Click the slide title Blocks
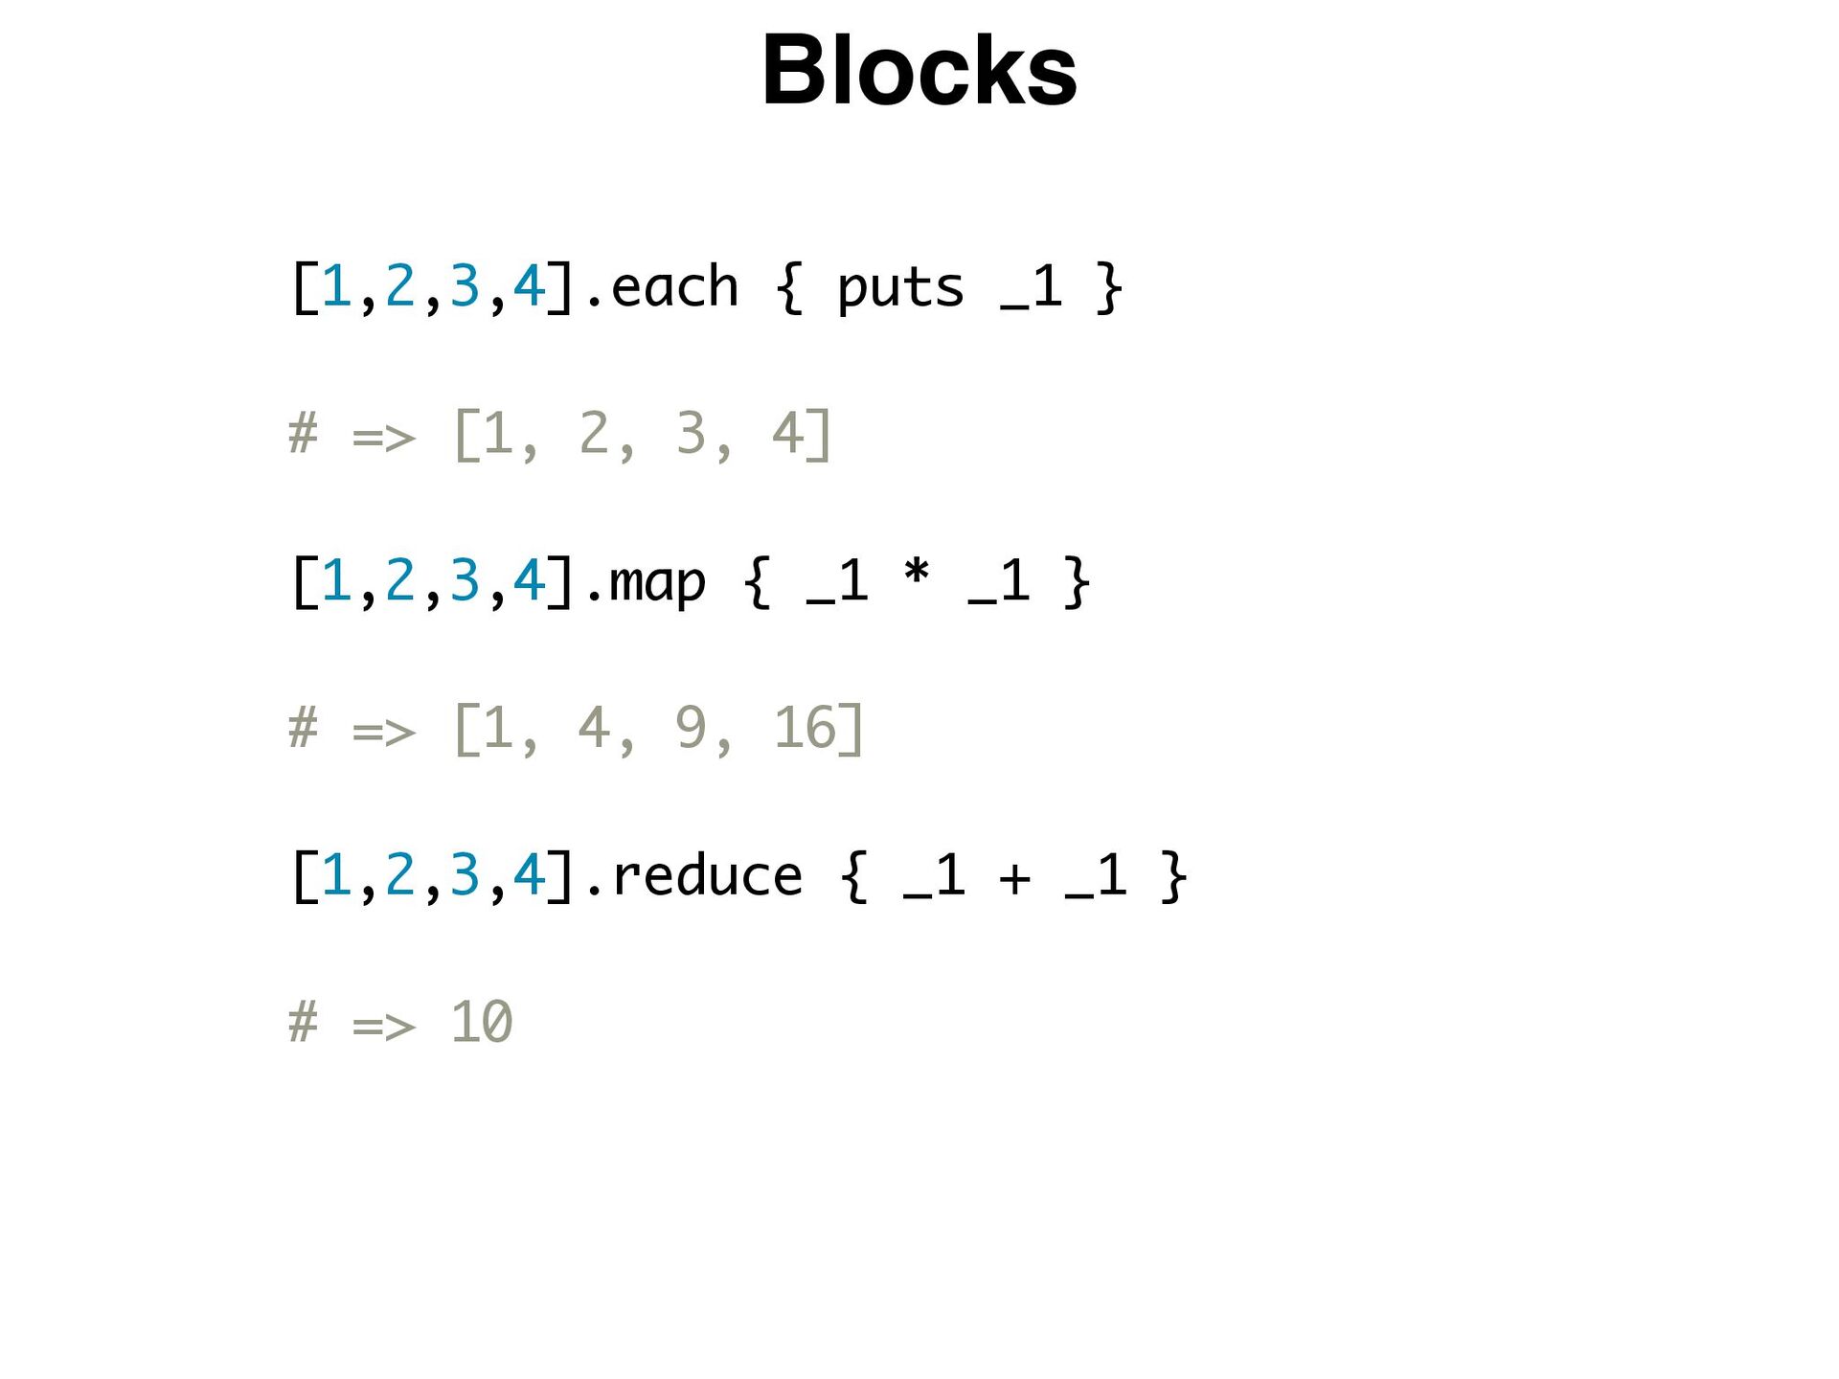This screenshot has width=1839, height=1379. click(919, 71)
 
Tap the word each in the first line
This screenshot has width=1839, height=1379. click(674, 287)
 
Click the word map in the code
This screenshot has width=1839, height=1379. click(657, 582)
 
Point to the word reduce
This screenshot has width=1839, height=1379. click(707, 875)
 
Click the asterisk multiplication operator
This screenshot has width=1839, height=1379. click(917, 575)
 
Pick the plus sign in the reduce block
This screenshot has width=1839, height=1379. click(1014, 877)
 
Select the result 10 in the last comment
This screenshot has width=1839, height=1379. click(482, 1022)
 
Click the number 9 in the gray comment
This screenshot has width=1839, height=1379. click(690, 728)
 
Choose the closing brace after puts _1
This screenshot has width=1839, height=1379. click(1109, 287)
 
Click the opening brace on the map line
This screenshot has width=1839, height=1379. click(757, 581)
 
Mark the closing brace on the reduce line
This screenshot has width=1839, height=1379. click(1174, 875)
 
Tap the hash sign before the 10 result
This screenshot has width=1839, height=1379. click(303, 1022)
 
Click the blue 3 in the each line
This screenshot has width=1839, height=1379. click(464, 286)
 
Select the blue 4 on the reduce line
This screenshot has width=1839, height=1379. click(529, 874)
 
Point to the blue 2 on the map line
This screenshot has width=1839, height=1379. click(399, 580)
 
